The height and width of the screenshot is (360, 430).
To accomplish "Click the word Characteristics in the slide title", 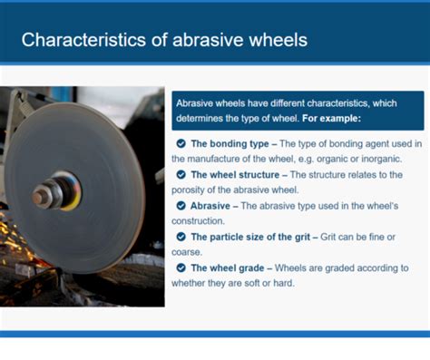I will click(74, 40).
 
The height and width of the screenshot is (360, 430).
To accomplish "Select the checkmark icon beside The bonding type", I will click(181, 143).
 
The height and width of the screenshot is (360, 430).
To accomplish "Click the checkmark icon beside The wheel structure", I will click(181, 174).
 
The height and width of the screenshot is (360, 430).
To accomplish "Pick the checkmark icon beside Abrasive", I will click(181, 206).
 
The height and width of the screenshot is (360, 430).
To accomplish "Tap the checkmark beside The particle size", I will click(181, 238).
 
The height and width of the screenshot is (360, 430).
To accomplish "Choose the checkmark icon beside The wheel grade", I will click(181, 268).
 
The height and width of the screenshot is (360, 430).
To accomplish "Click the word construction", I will click(200, 221).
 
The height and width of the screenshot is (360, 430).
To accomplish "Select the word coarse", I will click(188, 253).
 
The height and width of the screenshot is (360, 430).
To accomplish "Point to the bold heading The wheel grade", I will click(228, 268).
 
